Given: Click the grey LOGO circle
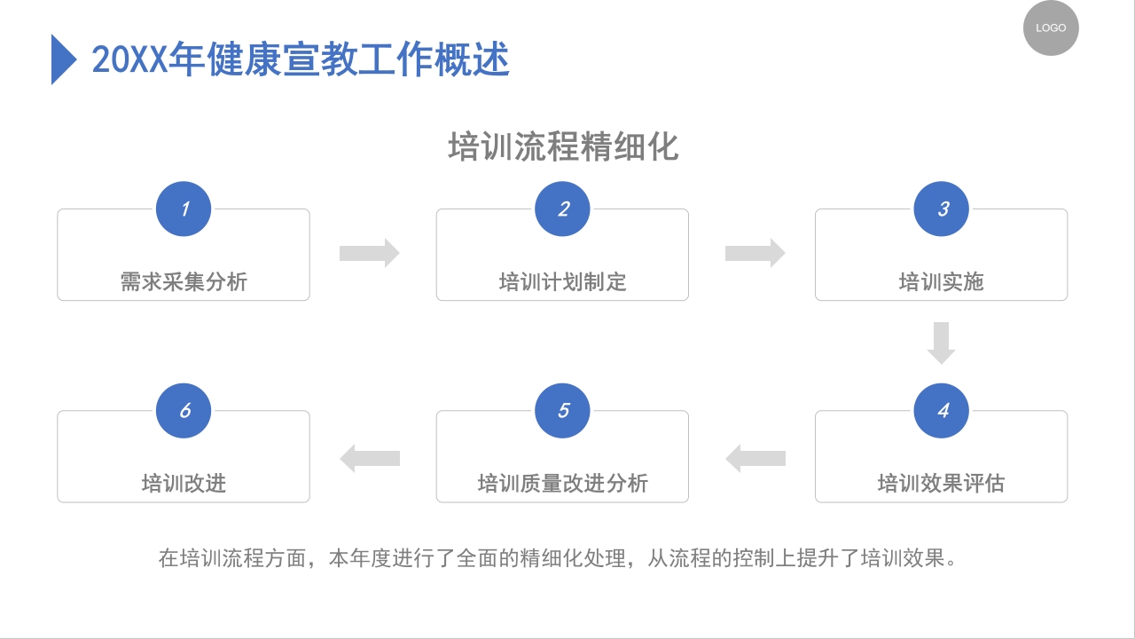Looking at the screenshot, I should tap(1051, 28).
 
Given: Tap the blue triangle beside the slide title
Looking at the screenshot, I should tap(63, 59).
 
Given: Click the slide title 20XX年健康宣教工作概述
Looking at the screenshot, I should tap(301, 60).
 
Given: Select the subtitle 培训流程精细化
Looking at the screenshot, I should tap(563, 146).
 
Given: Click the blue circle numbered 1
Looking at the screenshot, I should tap(184, 209).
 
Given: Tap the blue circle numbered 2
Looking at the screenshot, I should tap(563, 209).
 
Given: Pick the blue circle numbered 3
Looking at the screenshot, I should tap(942, 209).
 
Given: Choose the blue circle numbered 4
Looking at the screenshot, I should tap(942, 411).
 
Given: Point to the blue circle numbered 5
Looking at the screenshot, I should tap(563, 411).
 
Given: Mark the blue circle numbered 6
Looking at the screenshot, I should tap(184, 411).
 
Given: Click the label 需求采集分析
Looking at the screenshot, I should tap(184, 282).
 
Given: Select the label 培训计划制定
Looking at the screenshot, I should tap(563, 282).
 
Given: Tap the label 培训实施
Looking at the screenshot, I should tap(942, 282).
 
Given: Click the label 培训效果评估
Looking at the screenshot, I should tap(942, 484).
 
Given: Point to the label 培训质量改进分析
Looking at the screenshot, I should tap(563, 484).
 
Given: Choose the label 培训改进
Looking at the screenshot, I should tap(184, 484).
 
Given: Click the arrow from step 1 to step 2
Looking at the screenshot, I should tap(370, 253).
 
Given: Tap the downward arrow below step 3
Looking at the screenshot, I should tap(941, 343).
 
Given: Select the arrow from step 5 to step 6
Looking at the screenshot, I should tap(370, 459).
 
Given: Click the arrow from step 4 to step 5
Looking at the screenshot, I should tap(755, 459).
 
